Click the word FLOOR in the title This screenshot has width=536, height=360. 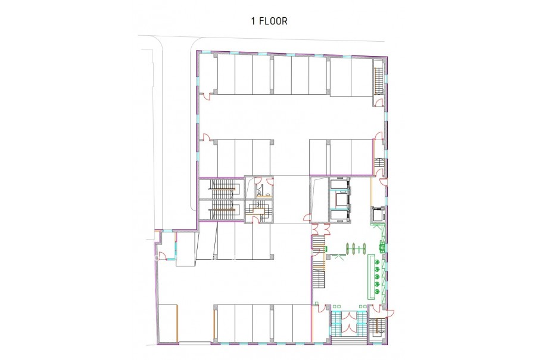273,21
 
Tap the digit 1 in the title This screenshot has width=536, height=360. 253,21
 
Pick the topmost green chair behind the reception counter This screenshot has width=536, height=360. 377,262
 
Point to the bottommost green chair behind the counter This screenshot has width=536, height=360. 377,291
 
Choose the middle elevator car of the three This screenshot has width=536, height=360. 339,198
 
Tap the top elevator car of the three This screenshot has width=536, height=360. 339,184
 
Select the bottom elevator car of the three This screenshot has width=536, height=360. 339,215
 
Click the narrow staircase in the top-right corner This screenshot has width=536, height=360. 378,80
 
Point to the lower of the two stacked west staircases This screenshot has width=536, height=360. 222,210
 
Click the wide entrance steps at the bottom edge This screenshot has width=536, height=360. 349,340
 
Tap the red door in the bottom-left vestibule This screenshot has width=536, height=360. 164,256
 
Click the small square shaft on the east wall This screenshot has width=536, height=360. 378,215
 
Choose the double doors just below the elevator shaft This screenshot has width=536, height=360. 322,229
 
